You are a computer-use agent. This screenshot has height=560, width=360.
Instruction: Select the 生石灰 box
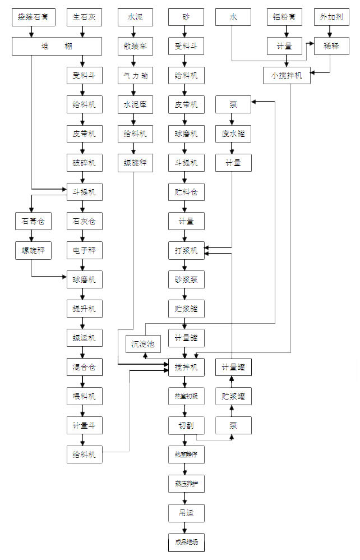84,17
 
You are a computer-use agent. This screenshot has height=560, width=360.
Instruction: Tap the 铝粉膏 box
284,17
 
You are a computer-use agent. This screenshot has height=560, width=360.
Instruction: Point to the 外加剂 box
331,17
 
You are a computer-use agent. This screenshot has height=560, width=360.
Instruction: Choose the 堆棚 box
57,46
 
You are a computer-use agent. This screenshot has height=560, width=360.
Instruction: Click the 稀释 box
331,46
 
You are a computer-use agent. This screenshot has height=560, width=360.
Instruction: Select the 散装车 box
135,46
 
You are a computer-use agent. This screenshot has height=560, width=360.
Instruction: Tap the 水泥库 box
135,104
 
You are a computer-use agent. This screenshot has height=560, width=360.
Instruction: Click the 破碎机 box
84,163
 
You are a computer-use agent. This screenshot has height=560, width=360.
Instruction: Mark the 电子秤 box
84,250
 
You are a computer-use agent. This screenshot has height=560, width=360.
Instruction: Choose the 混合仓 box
84,367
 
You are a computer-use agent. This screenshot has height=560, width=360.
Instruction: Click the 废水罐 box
233,134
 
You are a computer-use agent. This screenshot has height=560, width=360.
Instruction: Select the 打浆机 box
186,250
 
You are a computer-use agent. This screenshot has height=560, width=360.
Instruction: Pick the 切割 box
186,425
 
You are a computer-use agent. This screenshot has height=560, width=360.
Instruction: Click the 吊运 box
186,513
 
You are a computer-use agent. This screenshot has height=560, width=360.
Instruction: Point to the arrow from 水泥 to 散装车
135,31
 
